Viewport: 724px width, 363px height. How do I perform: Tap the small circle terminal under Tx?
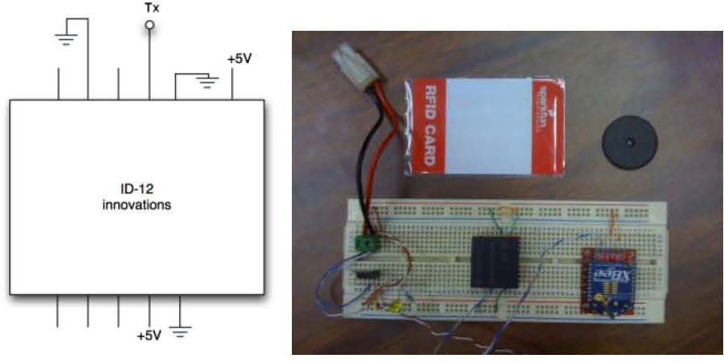148,26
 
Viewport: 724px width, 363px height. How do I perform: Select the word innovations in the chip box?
137,206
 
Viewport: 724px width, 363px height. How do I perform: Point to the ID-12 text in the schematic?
136,192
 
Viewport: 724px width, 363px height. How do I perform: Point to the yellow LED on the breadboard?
396,307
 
